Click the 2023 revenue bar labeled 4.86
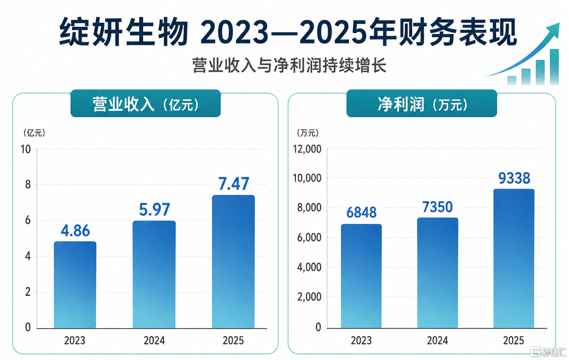(x=75, y=285)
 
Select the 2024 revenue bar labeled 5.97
(x=154, y=275)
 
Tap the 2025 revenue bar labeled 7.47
(x=233, y=262)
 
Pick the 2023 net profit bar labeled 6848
(x=361, y=276)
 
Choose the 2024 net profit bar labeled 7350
(x=438, y=273)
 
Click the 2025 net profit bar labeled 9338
(x=514, y=258)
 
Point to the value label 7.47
(x=234, y=184)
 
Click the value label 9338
(x=514, y=178)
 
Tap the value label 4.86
(x=75, y=231)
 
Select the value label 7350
(x=438, y=207)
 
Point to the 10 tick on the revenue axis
(x=26, y=149)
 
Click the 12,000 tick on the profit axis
(x=307, y=149)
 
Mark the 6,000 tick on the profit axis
(x=309, y=238)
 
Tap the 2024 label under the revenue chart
(x=154, y=340)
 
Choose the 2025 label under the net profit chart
(x=514, y=340)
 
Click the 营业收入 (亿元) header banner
(x=146, y=103)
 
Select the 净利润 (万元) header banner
(x=422, y=103)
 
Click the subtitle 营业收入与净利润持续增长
(x=289, y=65)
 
